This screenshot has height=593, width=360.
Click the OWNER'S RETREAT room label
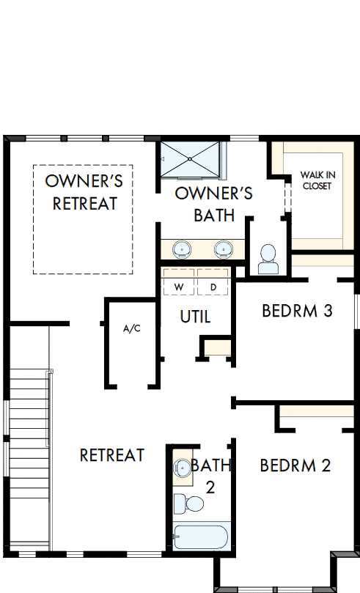(x=84, y=193)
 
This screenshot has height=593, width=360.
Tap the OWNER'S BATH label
(x=214, y=205)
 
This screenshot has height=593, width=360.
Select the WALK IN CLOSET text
(x=316, y=180)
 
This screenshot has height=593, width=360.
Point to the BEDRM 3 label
(x=297, y=311)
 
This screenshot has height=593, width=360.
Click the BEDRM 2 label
(x=295, y=465)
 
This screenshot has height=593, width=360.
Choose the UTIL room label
(x=195, y=317)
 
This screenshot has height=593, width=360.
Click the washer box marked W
(x=178, y=287)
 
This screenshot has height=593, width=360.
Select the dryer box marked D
(x=213, y=287)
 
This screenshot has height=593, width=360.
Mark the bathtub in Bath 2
(x=202, y=537)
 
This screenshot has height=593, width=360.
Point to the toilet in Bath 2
(x=190, y=504)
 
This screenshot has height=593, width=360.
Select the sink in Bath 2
(x=180, y=467)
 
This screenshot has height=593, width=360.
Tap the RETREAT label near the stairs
(x=111, y=455)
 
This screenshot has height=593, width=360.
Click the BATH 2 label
(x=211, y=476)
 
